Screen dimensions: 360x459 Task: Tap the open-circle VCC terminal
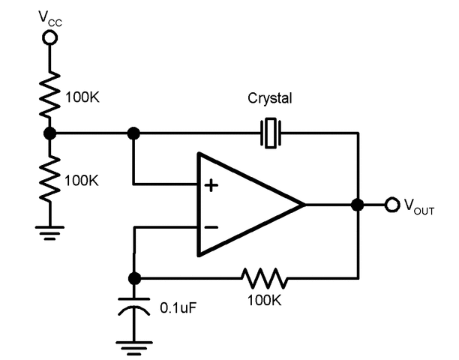click(50, 37)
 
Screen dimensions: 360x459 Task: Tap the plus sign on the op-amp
click(212, 184)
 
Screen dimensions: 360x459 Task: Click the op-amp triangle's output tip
click(304, 205)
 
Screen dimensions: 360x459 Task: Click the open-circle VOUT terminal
click(391, 205)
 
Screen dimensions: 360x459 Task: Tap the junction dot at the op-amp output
click(358, 205)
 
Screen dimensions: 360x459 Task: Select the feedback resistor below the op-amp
click(263, 277)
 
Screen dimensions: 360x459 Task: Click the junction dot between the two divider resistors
click(50, 133)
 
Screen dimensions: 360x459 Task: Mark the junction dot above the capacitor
click(134, 277)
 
